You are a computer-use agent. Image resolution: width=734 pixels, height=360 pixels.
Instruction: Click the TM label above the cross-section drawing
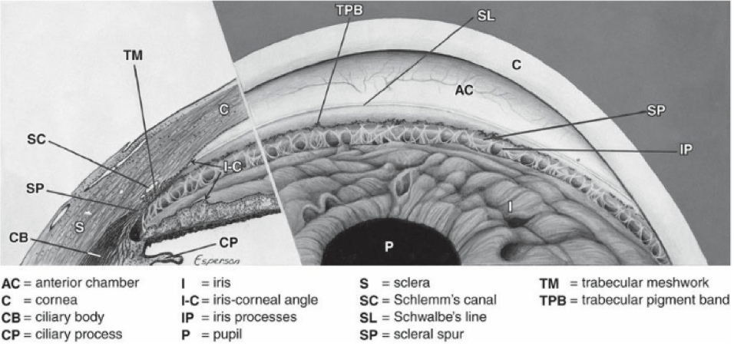pyautogui.click(x=133, y=56)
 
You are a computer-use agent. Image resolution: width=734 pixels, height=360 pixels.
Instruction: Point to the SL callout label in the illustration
pyautogui.click(x=486, y=15)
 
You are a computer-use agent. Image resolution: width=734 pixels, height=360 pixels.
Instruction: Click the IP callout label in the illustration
pyautogui.click(x=686, y=149)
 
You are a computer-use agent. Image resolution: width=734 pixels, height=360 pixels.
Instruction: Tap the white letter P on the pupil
pyautogui.click(x=389, y=246)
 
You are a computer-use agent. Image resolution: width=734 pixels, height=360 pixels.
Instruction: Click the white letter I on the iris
pyautogui.click(x=510, y=206)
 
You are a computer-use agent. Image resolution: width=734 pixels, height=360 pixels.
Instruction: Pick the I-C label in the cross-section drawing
pyautogui.click(x=231, y=167)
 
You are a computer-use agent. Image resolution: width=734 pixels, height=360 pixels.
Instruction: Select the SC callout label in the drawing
pyautogui.click(x=36, y=140)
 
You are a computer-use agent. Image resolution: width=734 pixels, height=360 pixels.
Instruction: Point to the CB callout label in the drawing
pyautogui.click(x=18, y=238)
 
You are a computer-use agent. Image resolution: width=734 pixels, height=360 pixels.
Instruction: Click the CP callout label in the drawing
pyautogui.click(x=229, y=243)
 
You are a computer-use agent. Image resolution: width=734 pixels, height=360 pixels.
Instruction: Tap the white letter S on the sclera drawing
pyautogui.click(x=80, y=227)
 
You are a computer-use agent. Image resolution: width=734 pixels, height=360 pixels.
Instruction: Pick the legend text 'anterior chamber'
pyautogui.click(x=87, y=283)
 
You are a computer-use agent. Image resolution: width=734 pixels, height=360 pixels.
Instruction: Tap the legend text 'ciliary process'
pyautogui.click(x=78, y=334)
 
